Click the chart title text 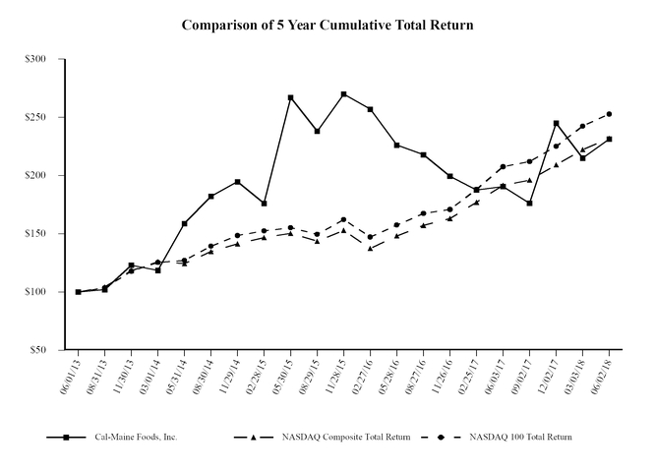tap(327, 24)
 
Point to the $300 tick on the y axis tap(35, 59)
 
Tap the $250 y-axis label tap(35, 117)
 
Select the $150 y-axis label tap(35, 234)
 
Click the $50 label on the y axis tap(37, 350)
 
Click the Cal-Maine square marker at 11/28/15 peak tap(343, 94)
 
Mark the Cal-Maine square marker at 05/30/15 tap(290, 97)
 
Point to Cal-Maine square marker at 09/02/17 tap(529, 204)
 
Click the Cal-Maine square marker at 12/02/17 tap(556, 123)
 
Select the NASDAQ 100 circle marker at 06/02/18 tap(609, 114)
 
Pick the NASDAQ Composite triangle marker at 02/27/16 tap(370, 249)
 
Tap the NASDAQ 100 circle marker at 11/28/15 tap(343, 219)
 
